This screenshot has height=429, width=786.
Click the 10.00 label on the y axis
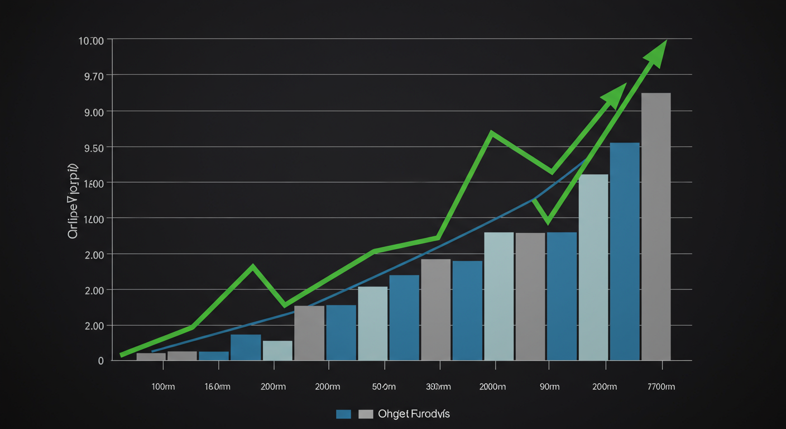pyautogui.click(x=92, y=41)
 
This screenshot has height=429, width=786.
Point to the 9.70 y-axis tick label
pyautogui.click(x=93, y=76)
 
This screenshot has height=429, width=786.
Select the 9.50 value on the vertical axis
pyautogui.click(x=93, y=147)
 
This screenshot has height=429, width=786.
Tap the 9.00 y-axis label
pyautogui.click(x=93, y=112)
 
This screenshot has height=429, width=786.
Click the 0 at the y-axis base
pyautogui.click(x=100, y=361)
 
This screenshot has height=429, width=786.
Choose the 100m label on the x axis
pyautogui.click(x=163, y=387)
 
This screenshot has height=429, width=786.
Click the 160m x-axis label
pyautogui.click(x=217, y=387)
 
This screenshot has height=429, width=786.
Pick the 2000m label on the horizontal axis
pyautogui.click(x=492, y=387)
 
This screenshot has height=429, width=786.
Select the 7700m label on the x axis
pyautogui.click(x=661, y=387)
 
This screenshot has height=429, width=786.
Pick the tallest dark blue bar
pyautogui.click(x=625, y=251)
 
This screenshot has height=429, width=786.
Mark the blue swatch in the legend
pyautogui.click(x=343, y=414)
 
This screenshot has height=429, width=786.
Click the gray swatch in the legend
pyautogui.click(x=366, y=414)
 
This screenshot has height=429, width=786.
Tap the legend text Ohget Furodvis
pyautogui.click(x=414, y=414)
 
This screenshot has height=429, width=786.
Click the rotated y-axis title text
pyautogui.click(x=73, y=202)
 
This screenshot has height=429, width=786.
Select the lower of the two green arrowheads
pyautogui.click(x=615, y=95)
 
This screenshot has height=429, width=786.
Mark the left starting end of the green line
pyautogui.click(x=122, y=355)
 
